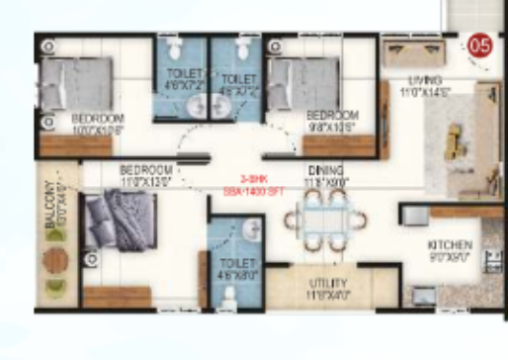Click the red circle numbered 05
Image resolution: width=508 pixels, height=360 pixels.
point(481,45)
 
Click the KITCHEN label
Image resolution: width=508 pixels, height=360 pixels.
point(450,245)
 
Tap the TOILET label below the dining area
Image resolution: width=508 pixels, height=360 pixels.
point(235,264)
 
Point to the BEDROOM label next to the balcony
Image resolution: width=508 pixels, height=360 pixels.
point(145,170)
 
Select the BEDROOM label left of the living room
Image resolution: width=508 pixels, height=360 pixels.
point(332,116)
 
